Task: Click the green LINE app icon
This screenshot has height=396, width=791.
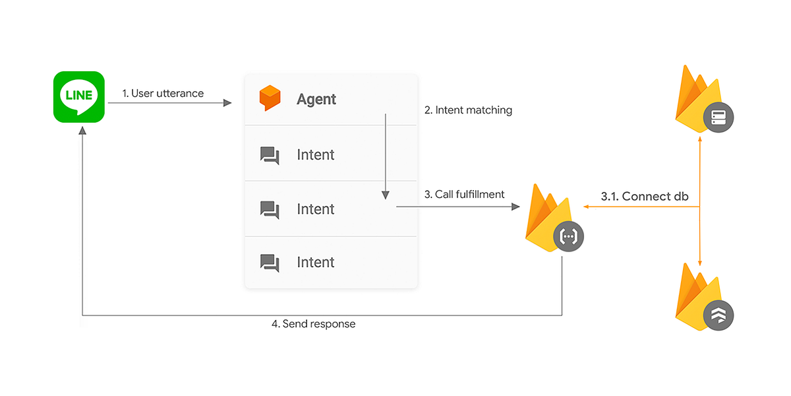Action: coord(79,97)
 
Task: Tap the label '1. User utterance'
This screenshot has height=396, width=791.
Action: coord(163,93)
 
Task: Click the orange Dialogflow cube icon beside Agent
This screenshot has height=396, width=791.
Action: coord(270,98)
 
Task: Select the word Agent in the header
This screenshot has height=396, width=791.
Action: coord(316,99)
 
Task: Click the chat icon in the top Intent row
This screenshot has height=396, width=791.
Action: coord(270,155)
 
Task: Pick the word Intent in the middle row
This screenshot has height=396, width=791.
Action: coord(316,209)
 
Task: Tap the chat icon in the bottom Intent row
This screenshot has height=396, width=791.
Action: coord(270,263)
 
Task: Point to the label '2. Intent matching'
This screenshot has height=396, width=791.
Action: coord(468,110)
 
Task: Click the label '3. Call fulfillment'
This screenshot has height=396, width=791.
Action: coord(465,194)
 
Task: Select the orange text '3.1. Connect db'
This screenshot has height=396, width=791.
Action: coord(645,196)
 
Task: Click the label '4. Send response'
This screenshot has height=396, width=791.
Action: coord(314,324)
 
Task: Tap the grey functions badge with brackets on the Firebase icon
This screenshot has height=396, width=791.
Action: coord(568,236)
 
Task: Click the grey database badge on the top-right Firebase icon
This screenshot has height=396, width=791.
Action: coord(718,118)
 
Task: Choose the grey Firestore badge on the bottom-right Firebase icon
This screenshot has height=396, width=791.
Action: coord(718,315)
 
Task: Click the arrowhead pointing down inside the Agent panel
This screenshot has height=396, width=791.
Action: coord(386,195)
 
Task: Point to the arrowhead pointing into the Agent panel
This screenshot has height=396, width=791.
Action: coord(228,103)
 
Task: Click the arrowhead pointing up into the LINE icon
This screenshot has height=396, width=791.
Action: coord(82,131)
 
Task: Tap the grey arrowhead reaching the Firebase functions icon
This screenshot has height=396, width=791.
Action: coord(516,207)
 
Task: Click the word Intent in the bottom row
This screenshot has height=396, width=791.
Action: coord(316,263)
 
